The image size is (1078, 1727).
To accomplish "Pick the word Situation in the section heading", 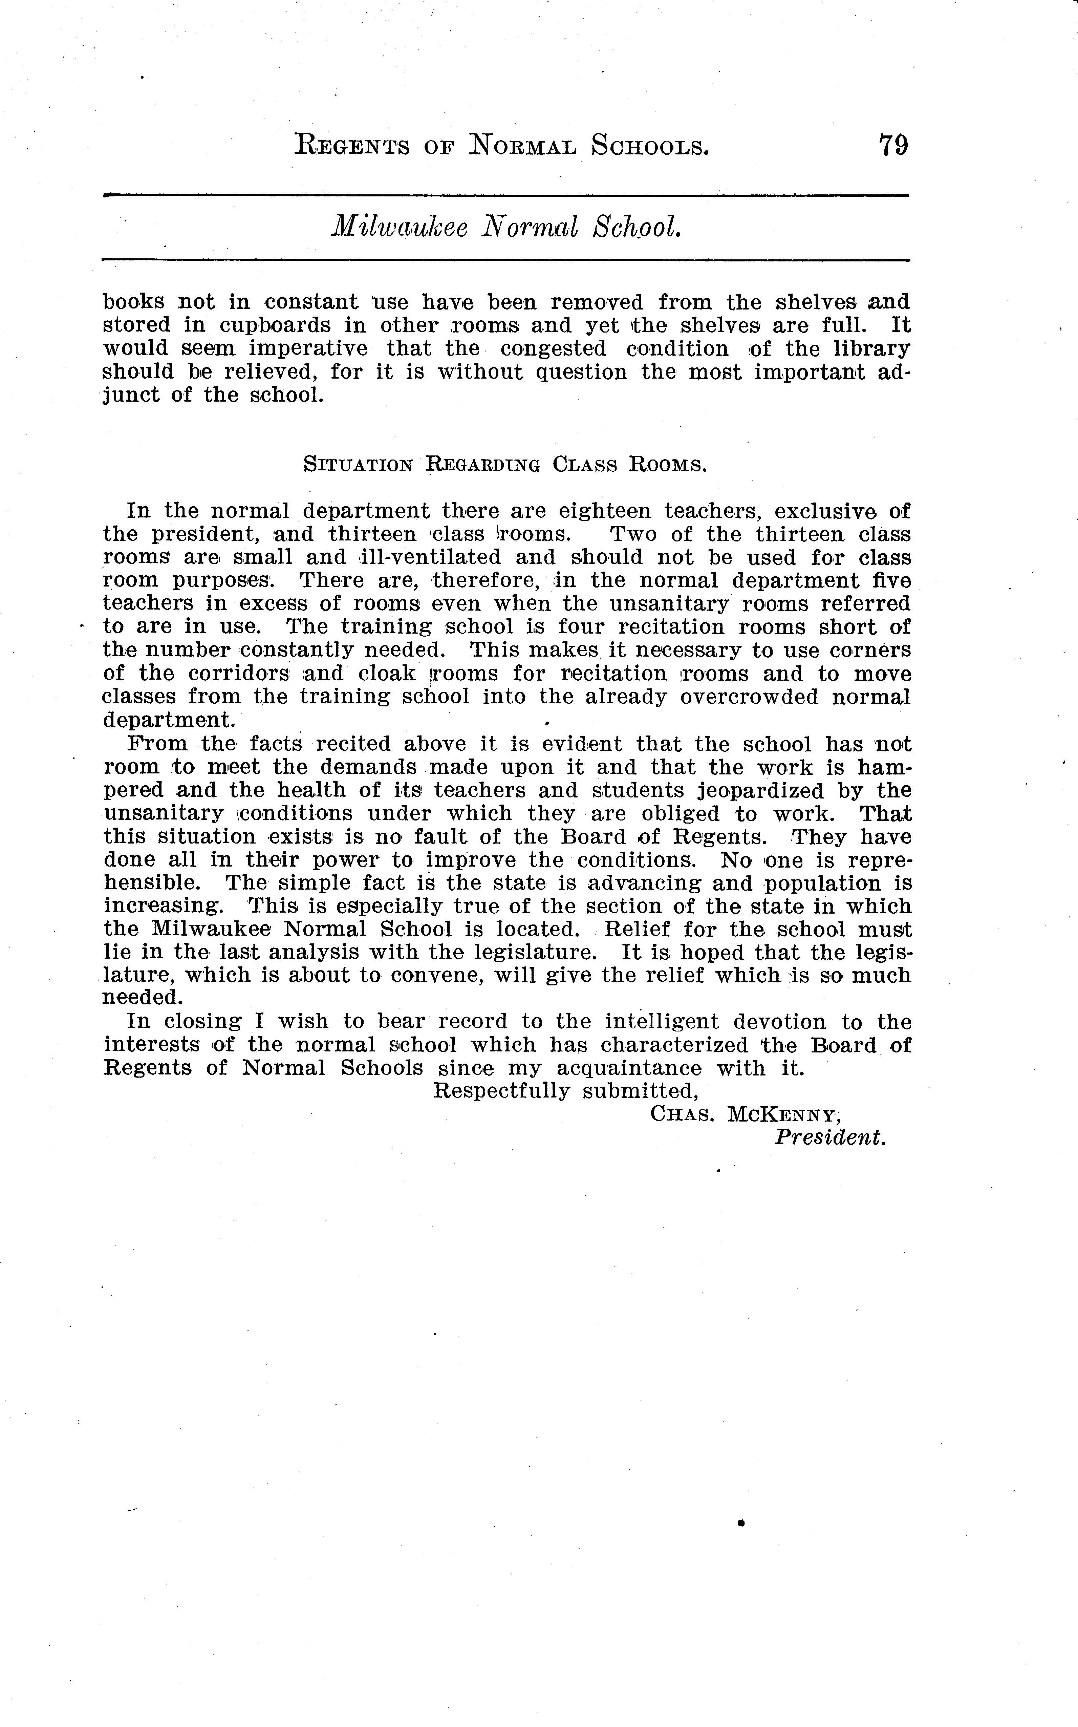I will coord(358,465).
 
